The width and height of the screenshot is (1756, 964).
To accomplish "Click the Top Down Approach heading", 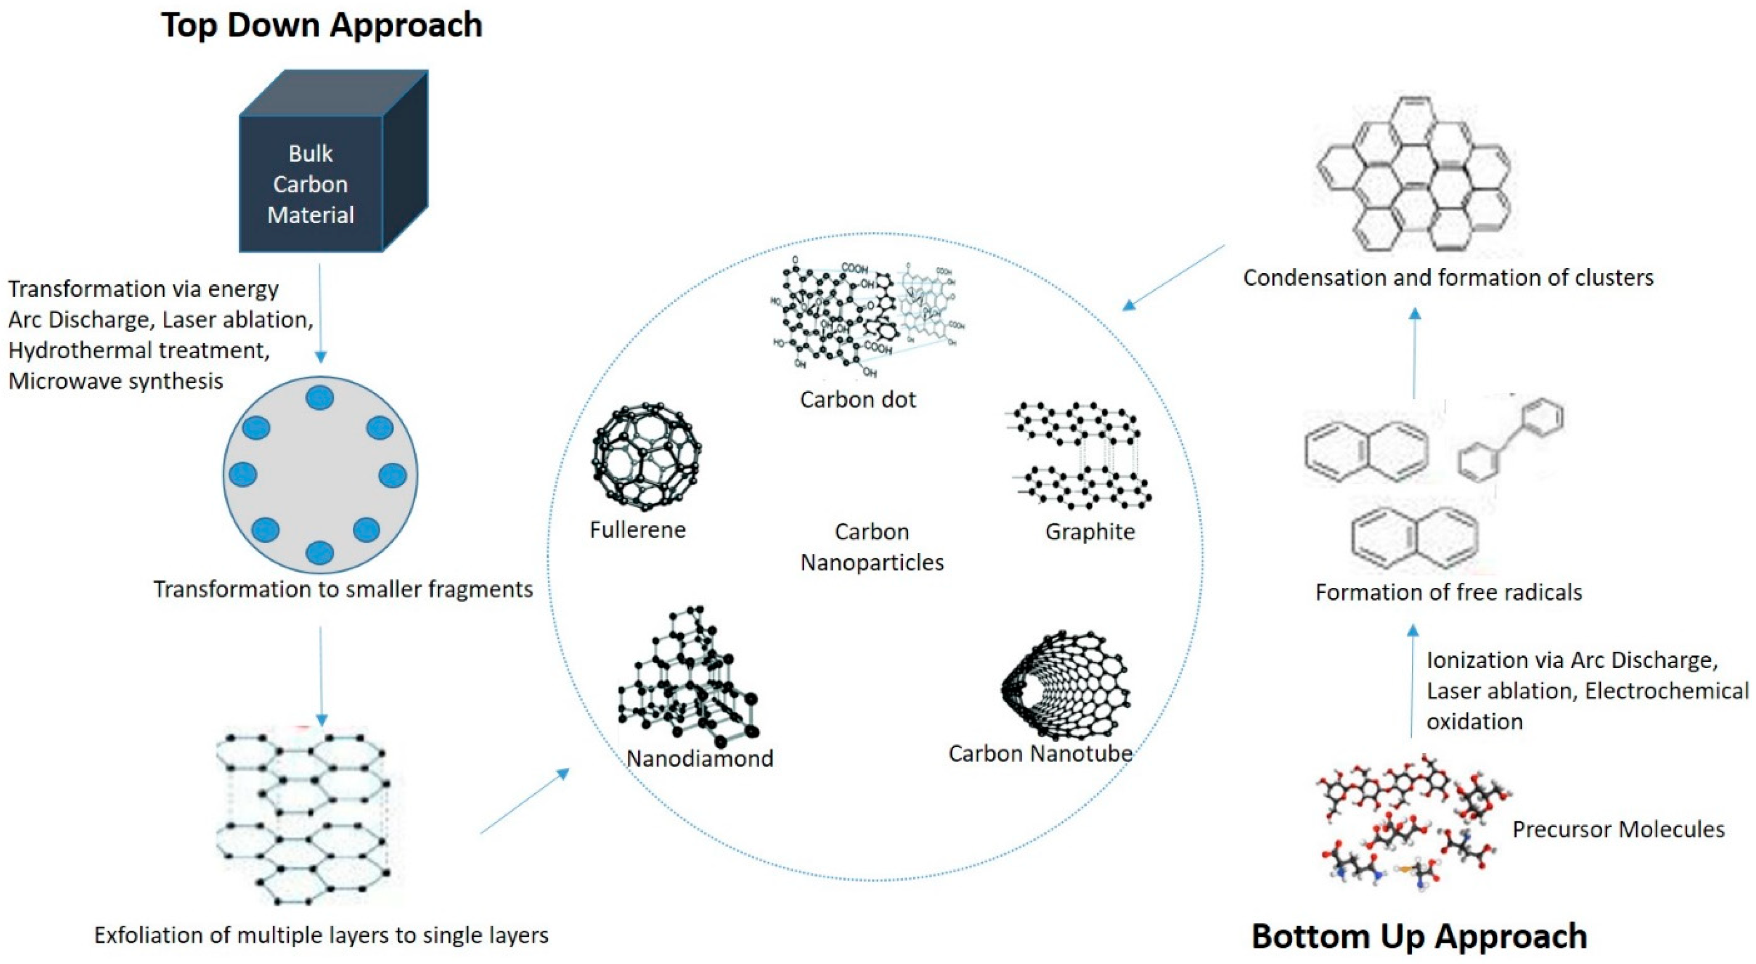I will coord(322,26).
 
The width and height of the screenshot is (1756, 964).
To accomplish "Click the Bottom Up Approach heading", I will coord(1419,936).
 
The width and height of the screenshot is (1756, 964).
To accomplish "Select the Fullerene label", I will coord(638,530).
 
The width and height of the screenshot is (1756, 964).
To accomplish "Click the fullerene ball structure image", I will coord(645,456).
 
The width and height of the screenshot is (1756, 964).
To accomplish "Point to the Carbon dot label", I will coord(858,400).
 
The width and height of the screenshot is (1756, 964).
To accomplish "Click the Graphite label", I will coord(1090,532).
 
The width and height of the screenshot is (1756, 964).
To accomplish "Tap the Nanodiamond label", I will coord(700,759).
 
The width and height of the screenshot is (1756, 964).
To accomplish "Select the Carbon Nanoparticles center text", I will coord(872,547).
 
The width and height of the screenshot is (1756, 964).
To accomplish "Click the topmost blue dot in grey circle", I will coord(320,397).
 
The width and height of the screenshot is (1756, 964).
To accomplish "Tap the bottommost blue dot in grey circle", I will coord(320,552).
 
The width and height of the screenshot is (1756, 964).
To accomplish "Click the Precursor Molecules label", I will coord(1618,830).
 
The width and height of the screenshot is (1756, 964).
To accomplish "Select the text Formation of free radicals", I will coord(1449,592).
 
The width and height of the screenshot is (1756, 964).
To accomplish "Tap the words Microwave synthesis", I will coord(116,381).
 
